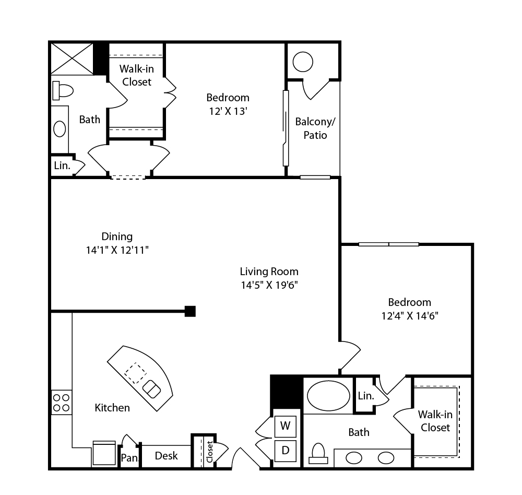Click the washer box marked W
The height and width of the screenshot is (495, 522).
click(x=286, y=426)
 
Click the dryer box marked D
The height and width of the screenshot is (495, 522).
click(x=286, y=451)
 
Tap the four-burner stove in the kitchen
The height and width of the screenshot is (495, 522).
click(x=61, y=403)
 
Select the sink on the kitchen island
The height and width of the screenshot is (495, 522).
click(x=151, y=388)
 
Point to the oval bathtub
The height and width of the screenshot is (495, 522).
click(x=328, y=396)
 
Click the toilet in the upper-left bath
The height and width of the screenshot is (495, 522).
click(x=63, y=91)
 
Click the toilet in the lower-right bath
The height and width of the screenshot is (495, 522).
click(x=318, y=454)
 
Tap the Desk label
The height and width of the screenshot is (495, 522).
click(x=166, y=456)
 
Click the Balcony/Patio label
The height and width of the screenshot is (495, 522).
click(x=315, y=128)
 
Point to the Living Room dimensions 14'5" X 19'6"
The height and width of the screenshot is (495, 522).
click(x=269, y=285)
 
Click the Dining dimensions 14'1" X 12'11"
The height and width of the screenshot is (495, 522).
click(x=117, y=250)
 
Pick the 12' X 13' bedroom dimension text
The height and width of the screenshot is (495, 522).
click(x=228, y=111)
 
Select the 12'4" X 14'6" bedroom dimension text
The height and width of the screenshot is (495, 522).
click(x=409, y=315)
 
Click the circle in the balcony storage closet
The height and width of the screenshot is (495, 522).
click(x=303, y=62)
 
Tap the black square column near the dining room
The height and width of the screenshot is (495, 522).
click(x=190, y=311)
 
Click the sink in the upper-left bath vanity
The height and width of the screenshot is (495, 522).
click(x=60, y=129)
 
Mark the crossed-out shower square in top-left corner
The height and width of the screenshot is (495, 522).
click(x=72, y=58)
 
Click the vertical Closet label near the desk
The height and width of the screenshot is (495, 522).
click(x=209, y=452)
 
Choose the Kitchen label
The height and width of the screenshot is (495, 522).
click(x=112, y=408)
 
